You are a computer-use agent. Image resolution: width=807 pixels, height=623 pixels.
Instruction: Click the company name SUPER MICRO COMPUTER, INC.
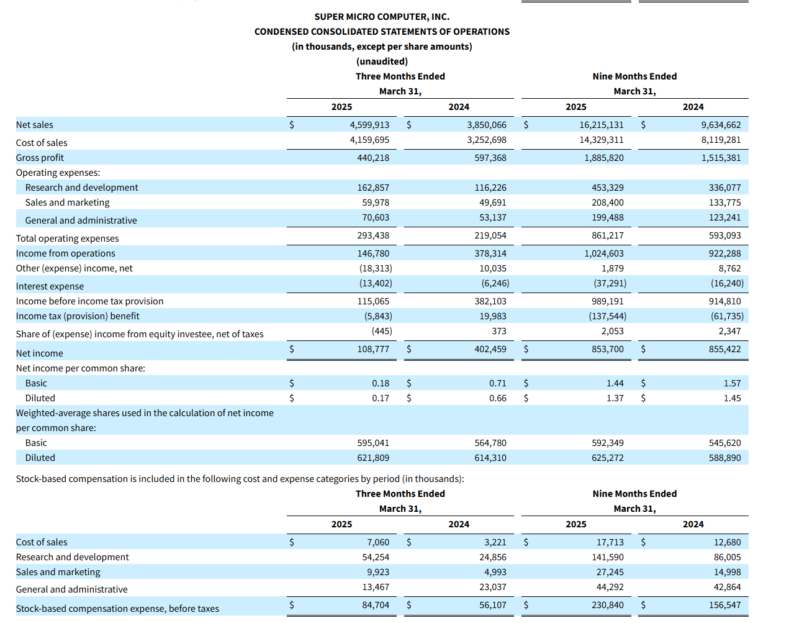(x=382, y=17)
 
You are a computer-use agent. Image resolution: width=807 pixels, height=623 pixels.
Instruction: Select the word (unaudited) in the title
(x=382, y=61)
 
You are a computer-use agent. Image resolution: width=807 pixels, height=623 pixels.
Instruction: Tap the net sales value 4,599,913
(x=369, y=125)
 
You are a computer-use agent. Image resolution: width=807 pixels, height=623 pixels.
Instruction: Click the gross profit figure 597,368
(x=490, y=158)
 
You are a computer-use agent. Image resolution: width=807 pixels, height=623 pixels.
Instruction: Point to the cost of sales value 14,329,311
(x=602, y=140)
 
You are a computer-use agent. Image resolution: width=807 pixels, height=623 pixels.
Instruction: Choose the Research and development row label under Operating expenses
(x=81, y=188)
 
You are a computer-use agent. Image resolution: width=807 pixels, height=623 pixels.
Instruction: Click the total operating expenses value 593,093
(x=724, y=235)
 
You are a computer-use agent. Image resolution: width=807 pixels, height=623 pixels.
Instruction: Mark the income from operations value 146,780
(x=373, y=253)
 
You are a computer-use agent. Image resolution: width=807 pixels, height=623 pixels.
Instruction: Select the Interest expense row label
(x=50, y=286)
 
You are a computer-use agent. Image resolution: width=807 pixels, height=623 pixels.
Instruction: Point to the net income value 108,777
(x=373, y=349)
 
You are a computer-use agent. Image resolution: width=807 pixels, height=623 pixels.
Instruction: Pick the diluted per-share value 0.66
(x=498, y=398)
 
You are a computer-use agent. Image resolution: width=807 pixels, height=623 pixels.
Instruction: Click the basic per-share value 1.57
(x=732, y=383)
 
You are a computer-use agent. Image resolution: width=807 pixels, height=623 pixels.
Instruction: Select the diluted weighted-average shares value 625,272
(x=608, y=458)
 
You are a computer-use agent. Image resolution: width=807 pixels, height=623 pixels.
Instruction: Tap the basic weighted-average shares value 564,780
(x=490, y=443)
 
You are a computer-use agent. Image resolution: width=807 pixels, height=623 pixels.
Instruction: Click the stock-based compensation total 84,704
(x=376, y=605)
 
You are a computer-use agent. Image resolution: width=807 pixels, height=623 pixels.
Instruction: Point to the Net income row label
(x=39, y=353)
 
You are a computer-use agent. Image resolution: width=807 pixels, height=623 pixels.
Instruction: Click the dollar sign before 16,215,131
(x=526, y=125)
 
